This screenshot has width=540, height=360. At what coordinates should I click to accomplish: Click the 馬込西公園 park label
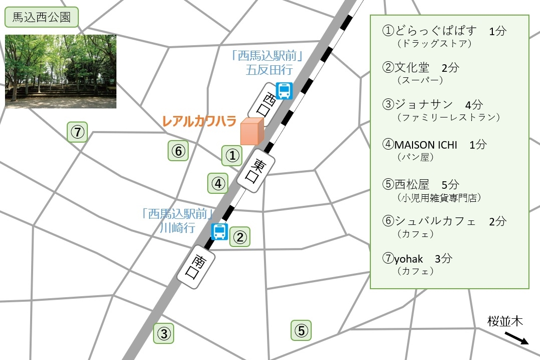(42, 19)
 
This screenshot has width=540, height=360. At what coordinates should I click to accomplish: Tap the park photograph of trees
(61, 71)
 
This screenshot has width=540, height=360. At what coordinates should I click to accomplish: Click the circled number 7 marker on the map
(77, 133)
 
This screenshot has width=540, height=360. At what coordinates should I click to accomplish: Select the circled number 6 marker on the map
(178, 151)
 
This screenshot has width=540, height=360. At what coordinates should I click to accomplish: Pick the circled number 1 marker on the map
(232, 156)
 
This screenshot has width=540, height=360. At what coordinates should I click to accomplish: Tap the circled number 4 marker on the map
(218, 183)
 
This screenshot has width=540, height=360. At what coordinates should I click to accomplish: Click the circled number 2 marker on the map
(240, 237)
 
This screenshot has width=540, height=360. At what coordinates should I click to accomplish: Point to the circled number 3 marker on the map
(164, 333)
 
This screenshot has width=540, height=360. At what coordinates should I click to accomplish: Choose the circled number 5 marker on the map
(301, 330)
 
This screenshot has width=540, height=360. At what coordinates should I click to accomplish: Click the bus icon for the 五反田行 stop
(285, 91)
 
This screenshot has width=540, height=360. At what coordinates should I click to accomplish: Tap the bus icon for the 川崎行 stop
(219, 232)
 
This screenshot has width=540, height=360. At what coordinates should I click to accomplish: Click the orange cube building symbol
(251, 132)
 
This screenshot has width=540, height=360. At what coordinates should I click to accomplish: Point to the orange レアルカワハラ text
(199, 121)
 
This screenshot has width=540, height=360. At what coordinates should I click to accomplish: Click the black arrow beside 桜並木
(516, 338)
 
